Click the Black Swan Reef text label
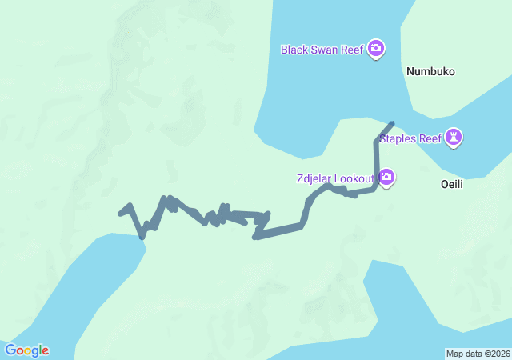click(x=322, y=50)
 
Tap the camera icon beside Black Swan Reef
click(x=376, y=50)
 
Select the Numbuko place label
click(x=430, y=71)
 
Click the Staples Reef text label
click(x=410, y=138)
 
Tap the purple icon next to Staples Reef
click(x=454, y=138)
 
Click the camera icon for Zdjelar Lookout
click(x=386, y=177)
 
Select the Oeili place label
click(x=452, y=184)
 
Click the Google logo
click(x=26, y=350)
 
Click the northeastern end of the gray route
click(x=391, y=123)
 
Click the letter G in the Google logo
click(x=10, y=350)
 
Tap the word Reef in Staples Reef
click(x=430, y=138)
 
